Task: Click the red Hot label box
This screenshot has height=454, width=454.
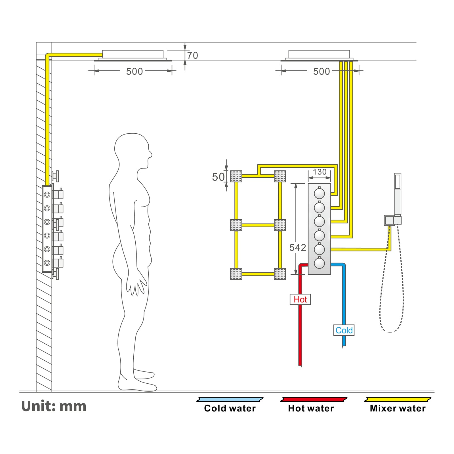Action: (x=300, y=299)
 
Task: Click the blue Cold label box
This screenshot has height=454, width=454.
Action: (x=344, y=330)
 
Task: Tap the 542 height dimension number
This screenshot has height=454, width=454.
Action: (x=298, y=248)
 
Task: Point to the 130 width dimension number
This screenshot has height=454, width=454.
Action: (x=320, y=172)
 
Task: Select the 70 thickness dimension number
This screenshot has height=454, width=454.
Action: (x=192, y=56)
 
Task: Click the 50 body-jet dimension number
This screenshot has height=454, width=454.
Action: (x=218, y=177)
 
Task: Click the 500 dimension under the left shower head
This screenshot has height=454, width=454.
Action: (x=134, y=72)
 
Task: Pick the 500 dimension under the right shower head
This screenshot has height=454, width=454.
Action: (x=321, y=72)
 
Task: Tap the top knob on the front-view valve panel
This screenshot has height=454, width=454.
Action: (x=320, y=194)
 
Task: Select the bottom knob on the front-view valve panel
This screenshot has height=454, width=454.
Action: (x=320, y=263)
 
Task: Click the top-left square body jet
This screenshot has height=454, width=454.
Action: (x=236, y=176)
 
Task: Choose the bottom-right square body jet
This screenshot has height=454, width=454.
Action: (x=280, y=274)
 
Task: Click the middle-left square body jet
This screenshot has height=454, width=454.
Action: (x=236, y=225)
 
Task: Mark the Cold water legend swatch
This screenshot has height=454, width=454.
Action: (x=230, y=400)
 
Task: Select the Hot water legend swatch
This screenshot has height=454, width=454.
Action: (x=314, y=400)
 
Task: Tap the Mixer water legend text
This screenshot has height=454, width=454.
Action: (x=398, y=409)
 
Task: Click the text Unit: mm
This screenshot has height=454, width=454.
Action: (x=54, y=406)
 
